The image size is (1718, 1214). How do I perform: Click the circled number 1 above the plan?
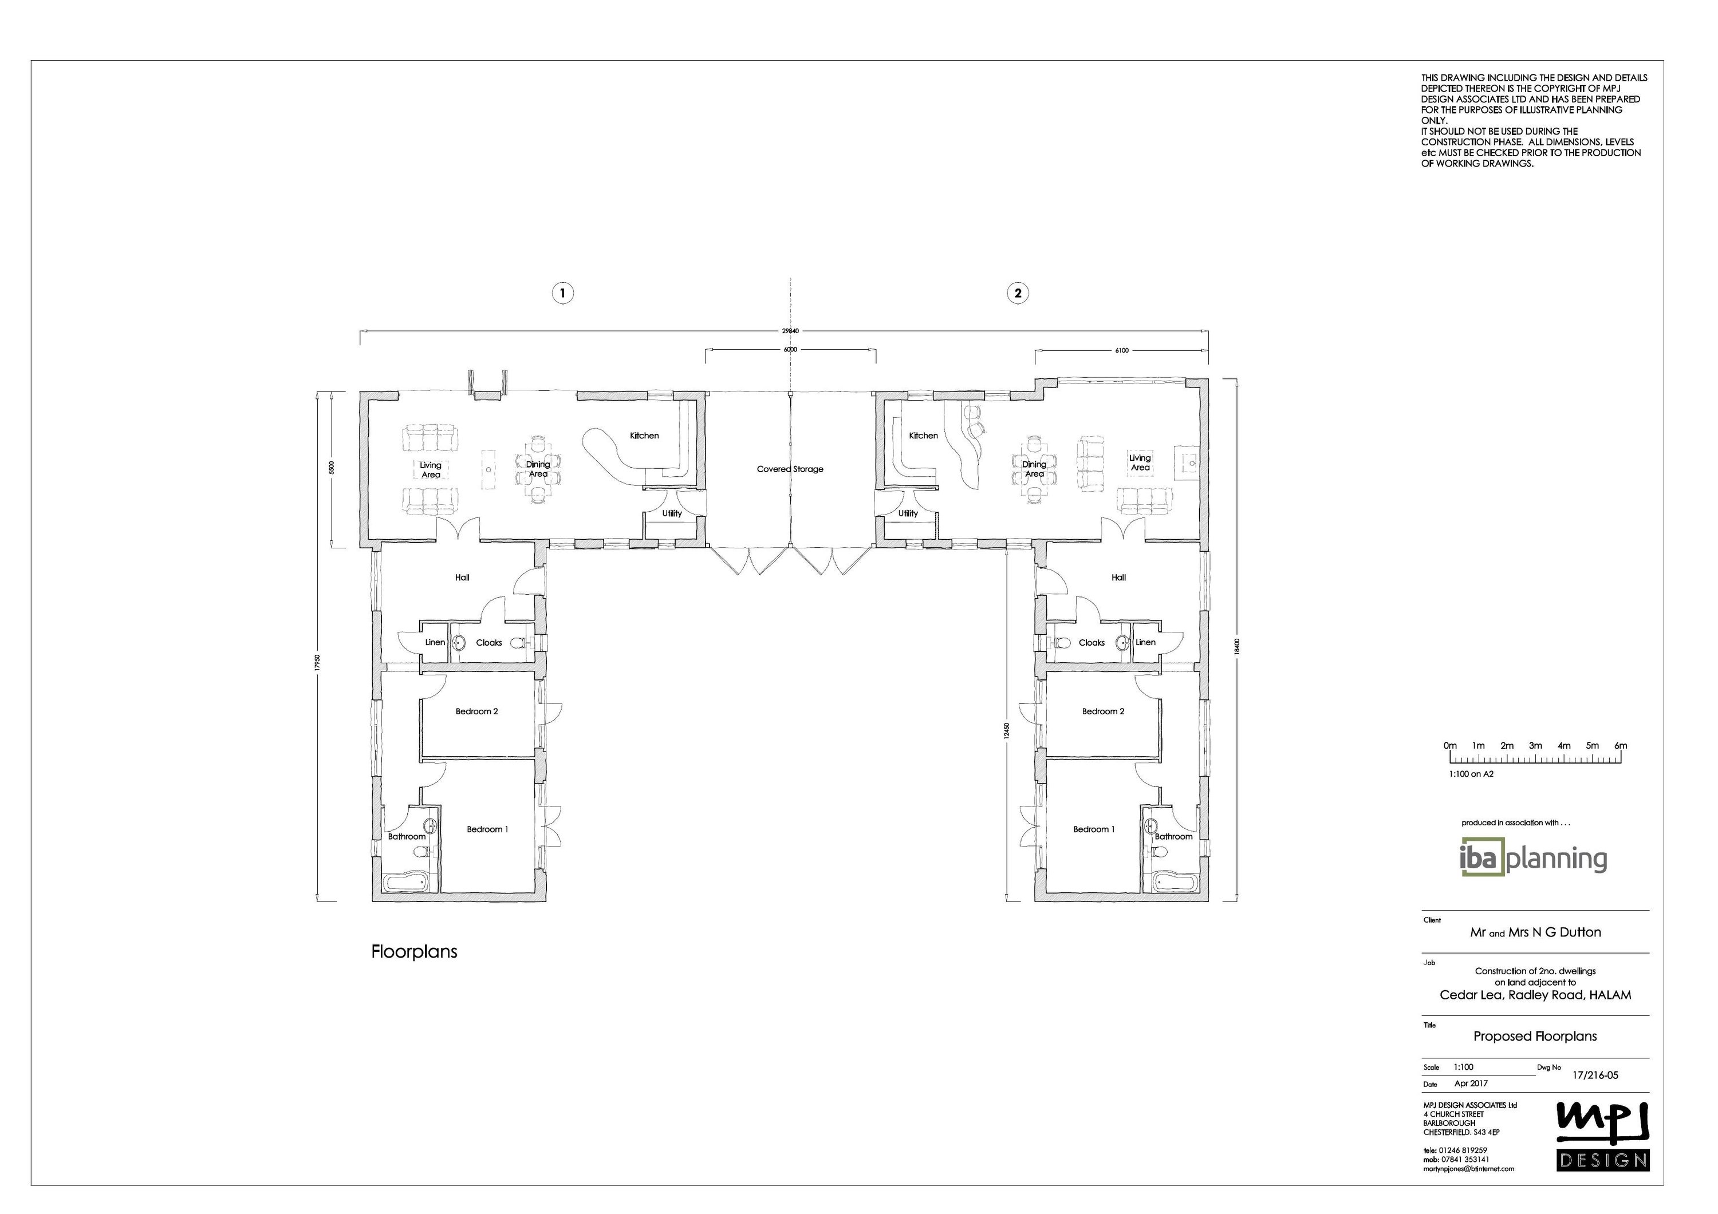563,293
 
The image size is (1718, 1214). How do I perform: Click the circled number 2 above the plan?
1017,293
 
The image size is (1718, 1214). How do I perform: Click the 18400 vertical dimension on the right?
1238,644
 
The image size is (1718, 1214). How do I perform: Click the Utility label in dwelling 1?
672,513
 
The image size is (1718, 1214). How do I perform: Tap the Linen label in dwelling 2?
1145,642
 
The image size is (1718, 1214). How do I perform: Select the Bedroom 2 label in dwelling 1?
476,711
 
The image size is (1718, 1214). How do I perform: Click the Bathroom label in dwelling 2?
1173,836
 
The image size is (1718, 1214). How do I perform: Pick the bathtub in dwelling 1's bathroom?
407,883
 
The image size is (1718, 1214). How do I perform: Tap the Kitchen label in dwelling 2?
923,436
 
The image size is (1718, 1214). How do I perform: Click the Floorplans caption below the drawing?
414,951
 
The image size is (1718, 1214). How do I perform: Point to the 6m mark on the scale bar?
1621,746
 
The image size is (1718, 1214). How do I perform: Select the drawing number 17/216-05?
1595,1075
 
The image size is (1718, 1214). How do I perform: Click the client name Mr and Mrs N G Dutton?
1535,932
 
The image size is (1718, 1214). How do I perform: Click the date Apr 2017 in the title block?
1471,1083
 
